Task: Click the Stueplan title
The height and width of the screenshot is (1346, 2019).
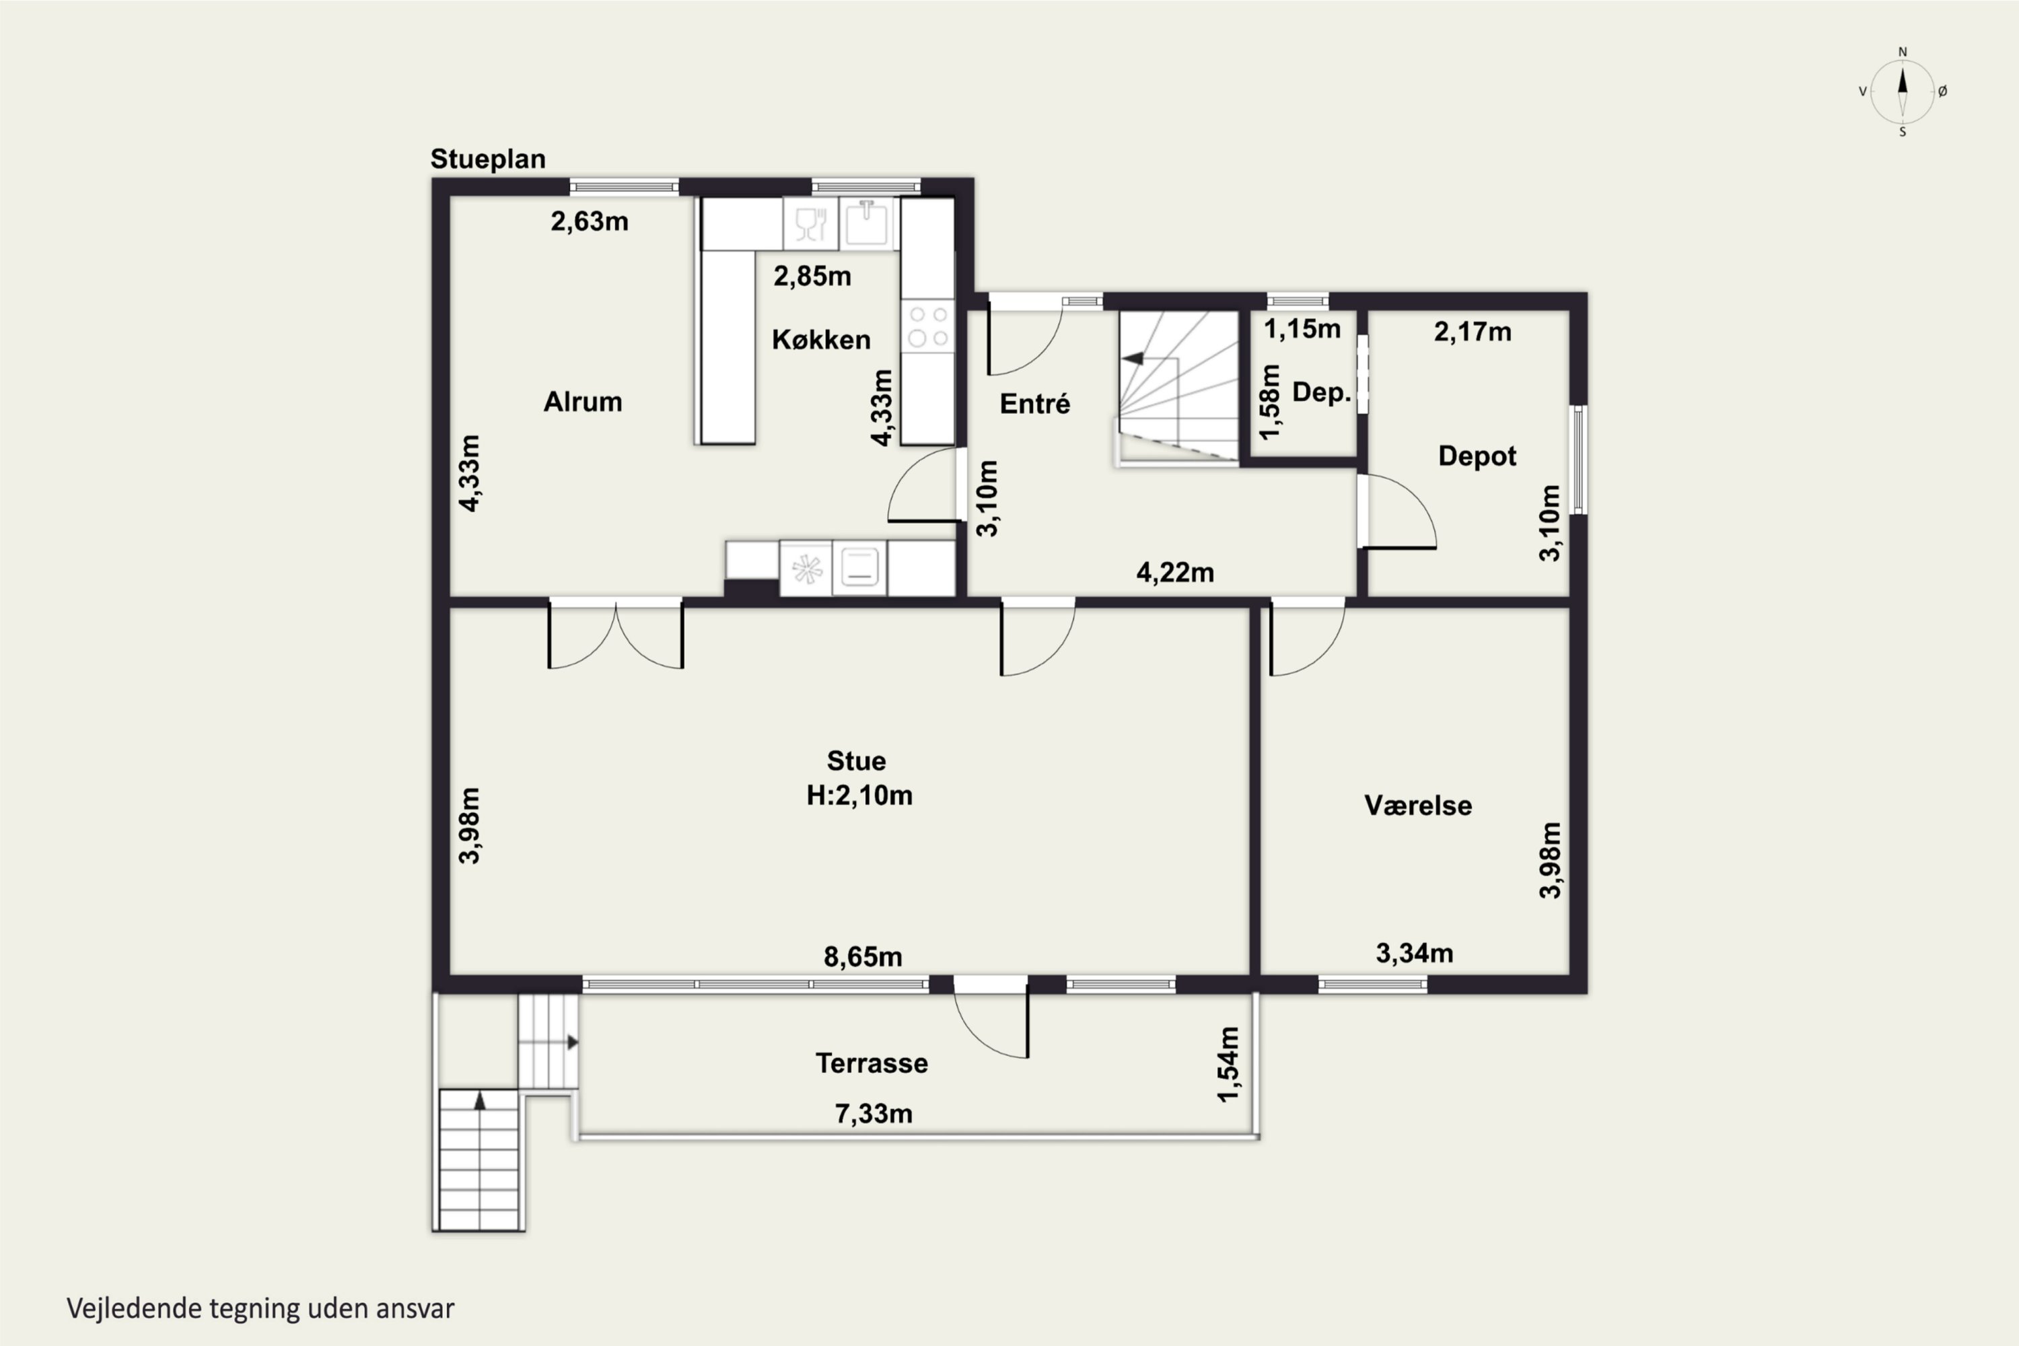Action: pos(487,160)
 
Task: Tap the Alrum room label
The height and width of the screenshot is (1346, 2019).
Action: pos(583,402)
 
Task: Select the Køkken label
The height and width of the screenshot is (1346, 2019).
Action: pos(820,339)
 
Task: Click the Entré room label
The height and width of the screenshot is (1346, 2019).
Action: pos(1034,403)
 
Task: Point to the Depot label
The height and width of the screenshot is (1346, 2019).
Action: pos(1477,456)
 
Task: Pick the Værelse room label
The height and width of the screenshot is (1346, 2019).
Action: pos(1418,805)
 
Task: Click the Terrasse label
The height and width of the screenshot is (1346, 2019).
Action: pos(872,1063)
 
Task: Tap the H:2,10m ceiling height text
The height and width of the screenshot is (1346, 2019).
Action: pos(859,795)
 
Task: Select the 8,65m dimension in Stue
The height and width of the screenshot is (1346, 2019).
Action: pos(863,957)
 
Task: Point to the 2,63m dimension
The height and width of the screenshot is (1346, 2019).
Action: pos(589,221)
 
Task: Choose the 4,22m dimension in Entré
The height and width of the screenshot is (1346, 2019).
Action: pos(1175,573)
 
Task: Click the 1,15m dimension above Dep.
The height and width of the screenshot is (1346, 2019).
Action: pos(1302,329)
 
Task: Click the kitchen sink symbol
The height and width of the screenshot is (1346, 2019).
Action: pos(867,223)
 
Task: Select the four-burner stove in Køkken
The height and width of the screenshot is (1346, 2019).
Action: pos(928,326)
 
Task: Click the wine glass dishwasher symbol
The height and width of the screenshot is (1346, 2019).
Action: pos(810,224)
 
